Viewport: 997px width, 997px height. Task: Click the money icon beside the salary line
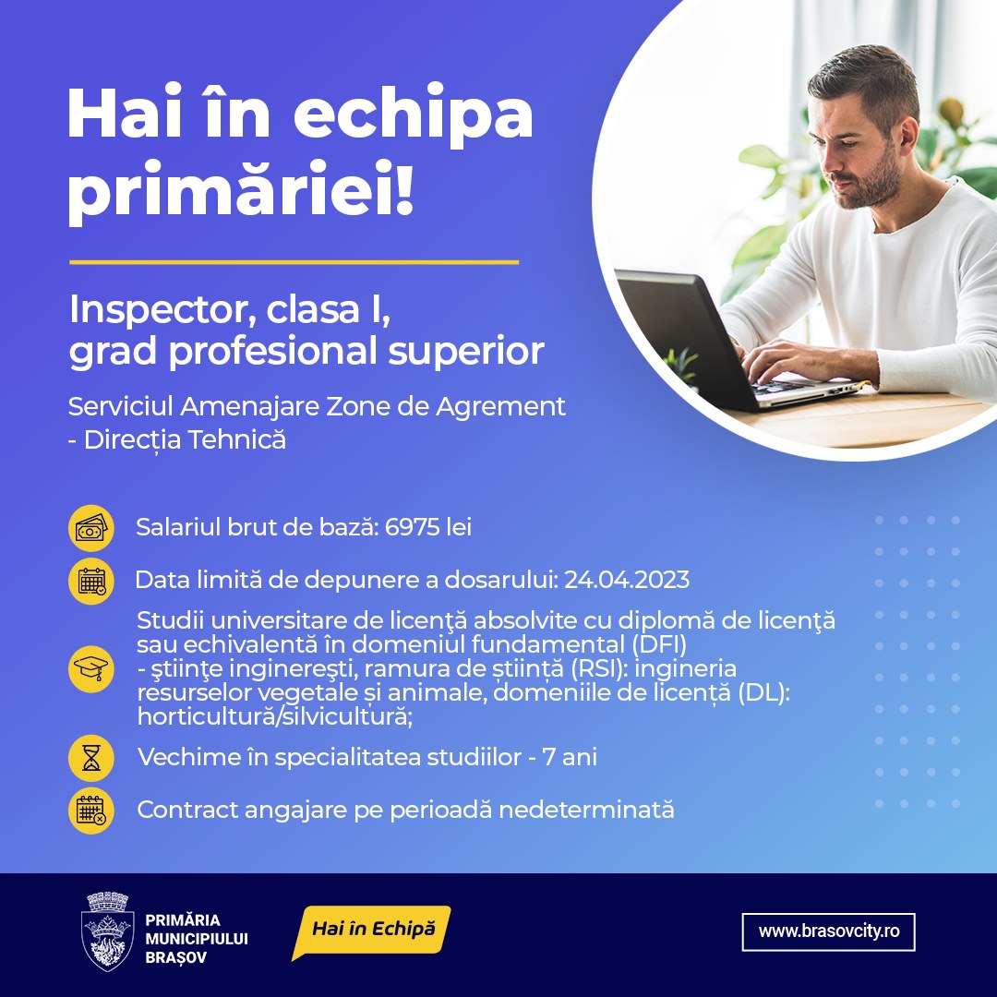[x=91, y=529]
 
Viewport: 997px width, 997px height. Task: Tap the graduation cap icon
[x=91, y=667]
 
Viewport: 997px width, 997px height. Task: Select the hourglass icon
[x=91, y=759]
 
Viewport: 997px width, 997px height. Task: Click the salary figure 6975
[x=414, y=528]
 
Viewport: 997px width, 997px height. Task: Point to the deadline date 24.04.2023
[x=627, y=580]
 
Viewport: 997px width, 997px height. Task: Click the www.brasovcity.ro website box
[x=828, y=931]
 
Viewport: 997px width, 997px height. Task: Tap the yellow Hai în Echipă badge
[x=372, y=930]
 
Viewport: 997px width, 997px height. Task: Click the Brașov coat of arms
[x=108, y=931]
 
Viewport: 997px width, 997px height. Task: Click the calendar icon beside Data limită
[x=91, y=581]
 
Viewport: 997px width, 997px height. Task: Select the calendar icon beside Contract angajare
[x=91, y=811]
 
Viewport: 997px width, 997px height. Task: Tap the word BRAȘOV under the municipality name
[x=175, y=957]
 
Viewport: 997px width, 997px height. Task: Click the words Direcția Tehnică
[x=185, y=440]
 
